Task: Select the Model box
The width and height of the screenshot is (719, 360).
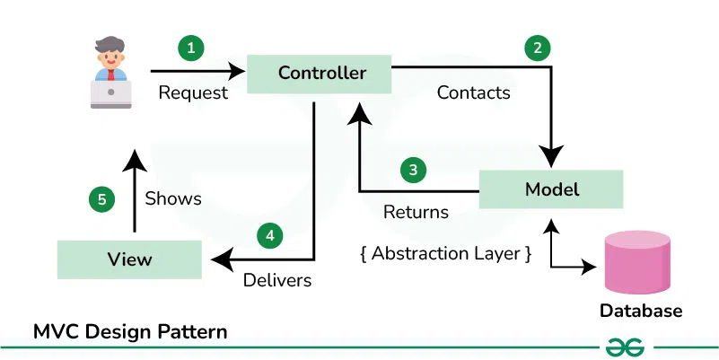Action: [550, 189]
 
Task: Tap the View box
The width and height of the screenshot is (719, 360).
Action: [129, 259]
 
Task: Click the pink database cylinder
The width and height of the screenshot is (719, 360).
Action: [637, 263]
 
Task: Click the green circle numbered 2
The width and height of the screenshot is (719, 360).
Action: [537, 48]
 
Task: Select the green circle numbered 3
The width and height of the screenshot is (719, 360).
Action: [412, 169]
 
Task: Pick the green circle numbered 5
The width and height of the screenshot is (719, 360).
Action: [101, 199]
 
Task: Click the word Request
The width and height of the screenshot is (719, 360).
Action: [192, 92]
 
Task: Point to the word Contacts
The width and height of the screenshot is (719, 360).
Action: [473, 92]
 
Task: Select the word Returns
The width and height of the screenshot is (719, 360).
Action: [416, 213]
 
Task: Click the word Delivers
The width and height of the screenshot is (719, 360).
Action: [277, 280]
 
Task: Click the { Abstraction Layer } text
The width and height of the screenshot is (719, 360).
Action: [445, 254]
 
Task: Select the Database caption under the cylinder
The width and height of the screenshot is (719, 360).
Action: [641, 312]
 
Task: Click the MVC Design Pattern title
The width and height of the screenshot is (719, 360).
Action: [129, 332]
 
